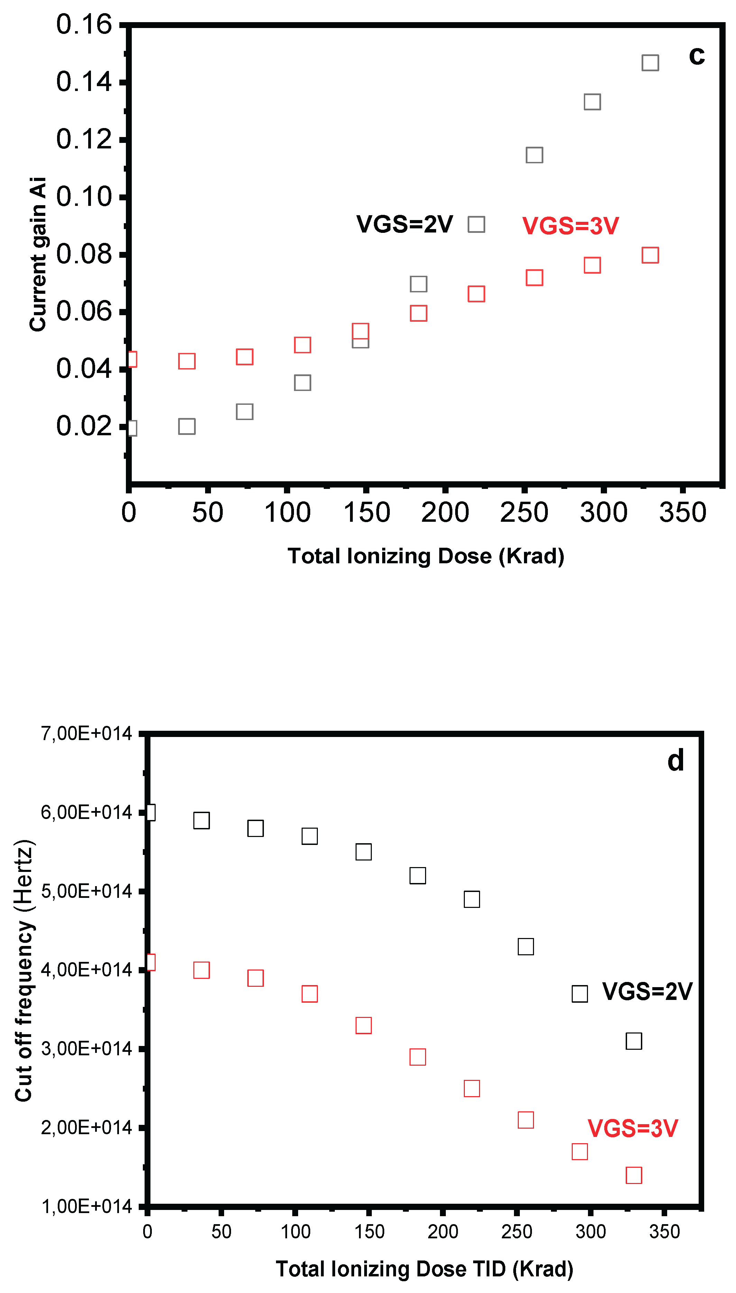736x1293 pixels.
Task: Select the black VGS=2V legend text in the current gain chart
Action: tap(404, 224)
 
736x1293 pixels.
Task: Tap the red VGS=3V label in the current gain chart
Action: tap(570, 226)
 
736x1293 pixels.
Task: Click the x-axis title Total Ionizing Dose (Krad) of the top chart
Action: tap(426, 556)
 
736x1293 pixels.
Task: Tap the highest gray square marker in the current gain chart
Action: tap(650, 63)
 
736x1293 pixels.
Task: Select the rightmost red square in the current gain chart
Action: tap(650, 255)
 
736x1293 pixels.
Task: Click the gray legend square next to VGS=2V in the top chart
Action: tap(476, 224)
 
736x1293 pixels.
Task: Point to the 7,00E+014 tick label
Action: tap(86, 733)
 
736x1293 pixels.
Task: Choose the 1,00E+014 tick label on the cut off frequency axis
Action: tap(86, 1206)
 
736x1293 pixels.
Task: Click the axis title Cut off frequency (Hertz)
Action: tap(24, 971)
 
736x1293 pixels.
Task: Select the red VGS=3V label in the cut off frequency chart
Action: tap(632, 1129)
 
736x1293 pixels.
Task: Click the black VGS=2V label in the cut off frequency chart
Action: tap(647, 992)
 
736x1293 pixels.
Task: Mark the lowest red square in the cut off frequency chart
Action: tap(633, 1175)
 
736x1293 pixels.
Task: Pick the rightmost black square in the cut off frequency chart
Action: tap(633, 1041)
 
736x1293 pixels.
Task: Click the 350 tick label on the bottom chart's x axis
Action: tap(664, 1231)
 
